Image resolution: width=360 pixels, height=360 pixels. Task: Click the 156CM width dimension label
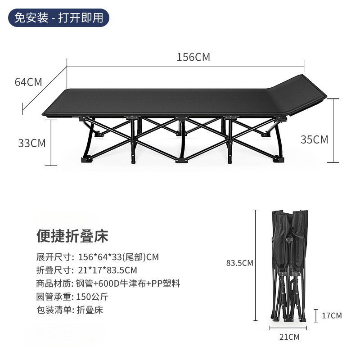(x=193, y=58)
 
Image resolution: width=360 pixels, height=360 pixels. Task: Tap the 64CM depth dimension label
(x=28, y=82)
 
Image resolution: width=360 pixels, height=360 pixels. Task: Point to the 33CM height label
(x=32, y=143)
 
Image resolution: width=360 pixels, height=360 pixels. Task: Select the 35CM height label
(x=314, y=139)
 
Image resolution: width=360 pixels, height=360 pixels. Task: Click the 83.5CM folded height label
(x=240, y=263)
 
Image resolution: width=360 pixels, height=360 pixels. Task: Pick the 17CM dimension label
(x=332, y=315)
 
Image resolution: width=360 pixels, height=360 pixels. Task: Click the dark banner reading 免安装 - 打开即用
(x=59, y=18)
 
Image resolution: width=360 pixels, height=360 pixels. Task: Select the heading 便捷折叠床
(x=72, y=236)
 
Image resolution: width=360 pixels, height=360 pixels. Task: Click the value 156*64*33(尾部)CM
(x=118, y=257)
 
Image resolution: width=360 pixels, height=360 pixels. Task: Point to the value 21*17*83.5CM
(x=108, y=270)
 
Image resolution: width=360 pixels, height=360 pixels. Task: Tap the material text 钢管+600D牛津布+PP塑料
(x=128, y=283)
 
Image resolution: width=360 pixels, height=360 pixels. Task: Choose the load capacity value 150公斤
(x=93, y=297)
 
